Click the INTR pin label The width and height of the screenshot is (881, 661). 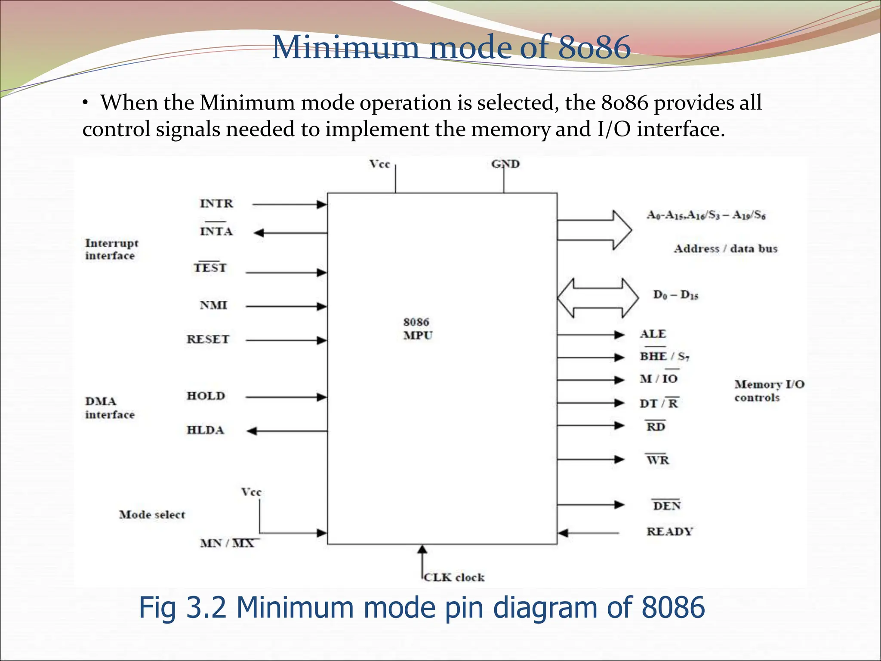[x=216, y=204]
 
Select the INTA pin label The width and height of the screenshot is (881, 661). [x=216, y=232]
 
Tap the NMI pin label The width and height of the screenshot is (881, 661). [x=213, y=306]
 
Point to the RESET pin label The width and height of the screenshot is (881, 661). [x=208, y=340]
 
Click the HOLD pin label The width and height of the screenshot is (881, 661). [x=206, y=396]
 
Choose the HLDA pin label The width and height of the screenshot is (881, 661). [x=205, y=430]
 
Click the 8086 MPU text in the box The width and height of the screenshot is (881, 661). [x=417, y=329]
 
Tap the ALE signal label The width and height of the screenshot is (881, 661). [x=653, y=334]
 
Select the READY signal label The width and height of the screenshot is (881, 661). [x=670, y=532]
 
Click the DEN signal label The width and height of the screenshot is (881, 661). [x=666, y=506]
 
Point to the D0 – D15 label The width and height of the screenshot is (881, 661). [x=675, y=295]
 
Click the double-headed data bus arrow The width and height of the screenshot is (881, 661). [x=598, y=298]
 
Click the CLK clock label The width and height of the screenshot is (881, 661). [x=454, y=578]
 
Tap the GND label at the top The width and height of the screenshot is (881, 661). [x=505, y=164]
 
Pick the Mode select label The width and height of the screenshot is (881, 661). [x=152, y=515]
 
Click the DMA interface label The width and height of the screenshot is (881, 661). [x=110, y=408]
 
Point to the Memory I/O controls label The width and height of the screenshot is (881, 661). [x=769, y=391]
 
